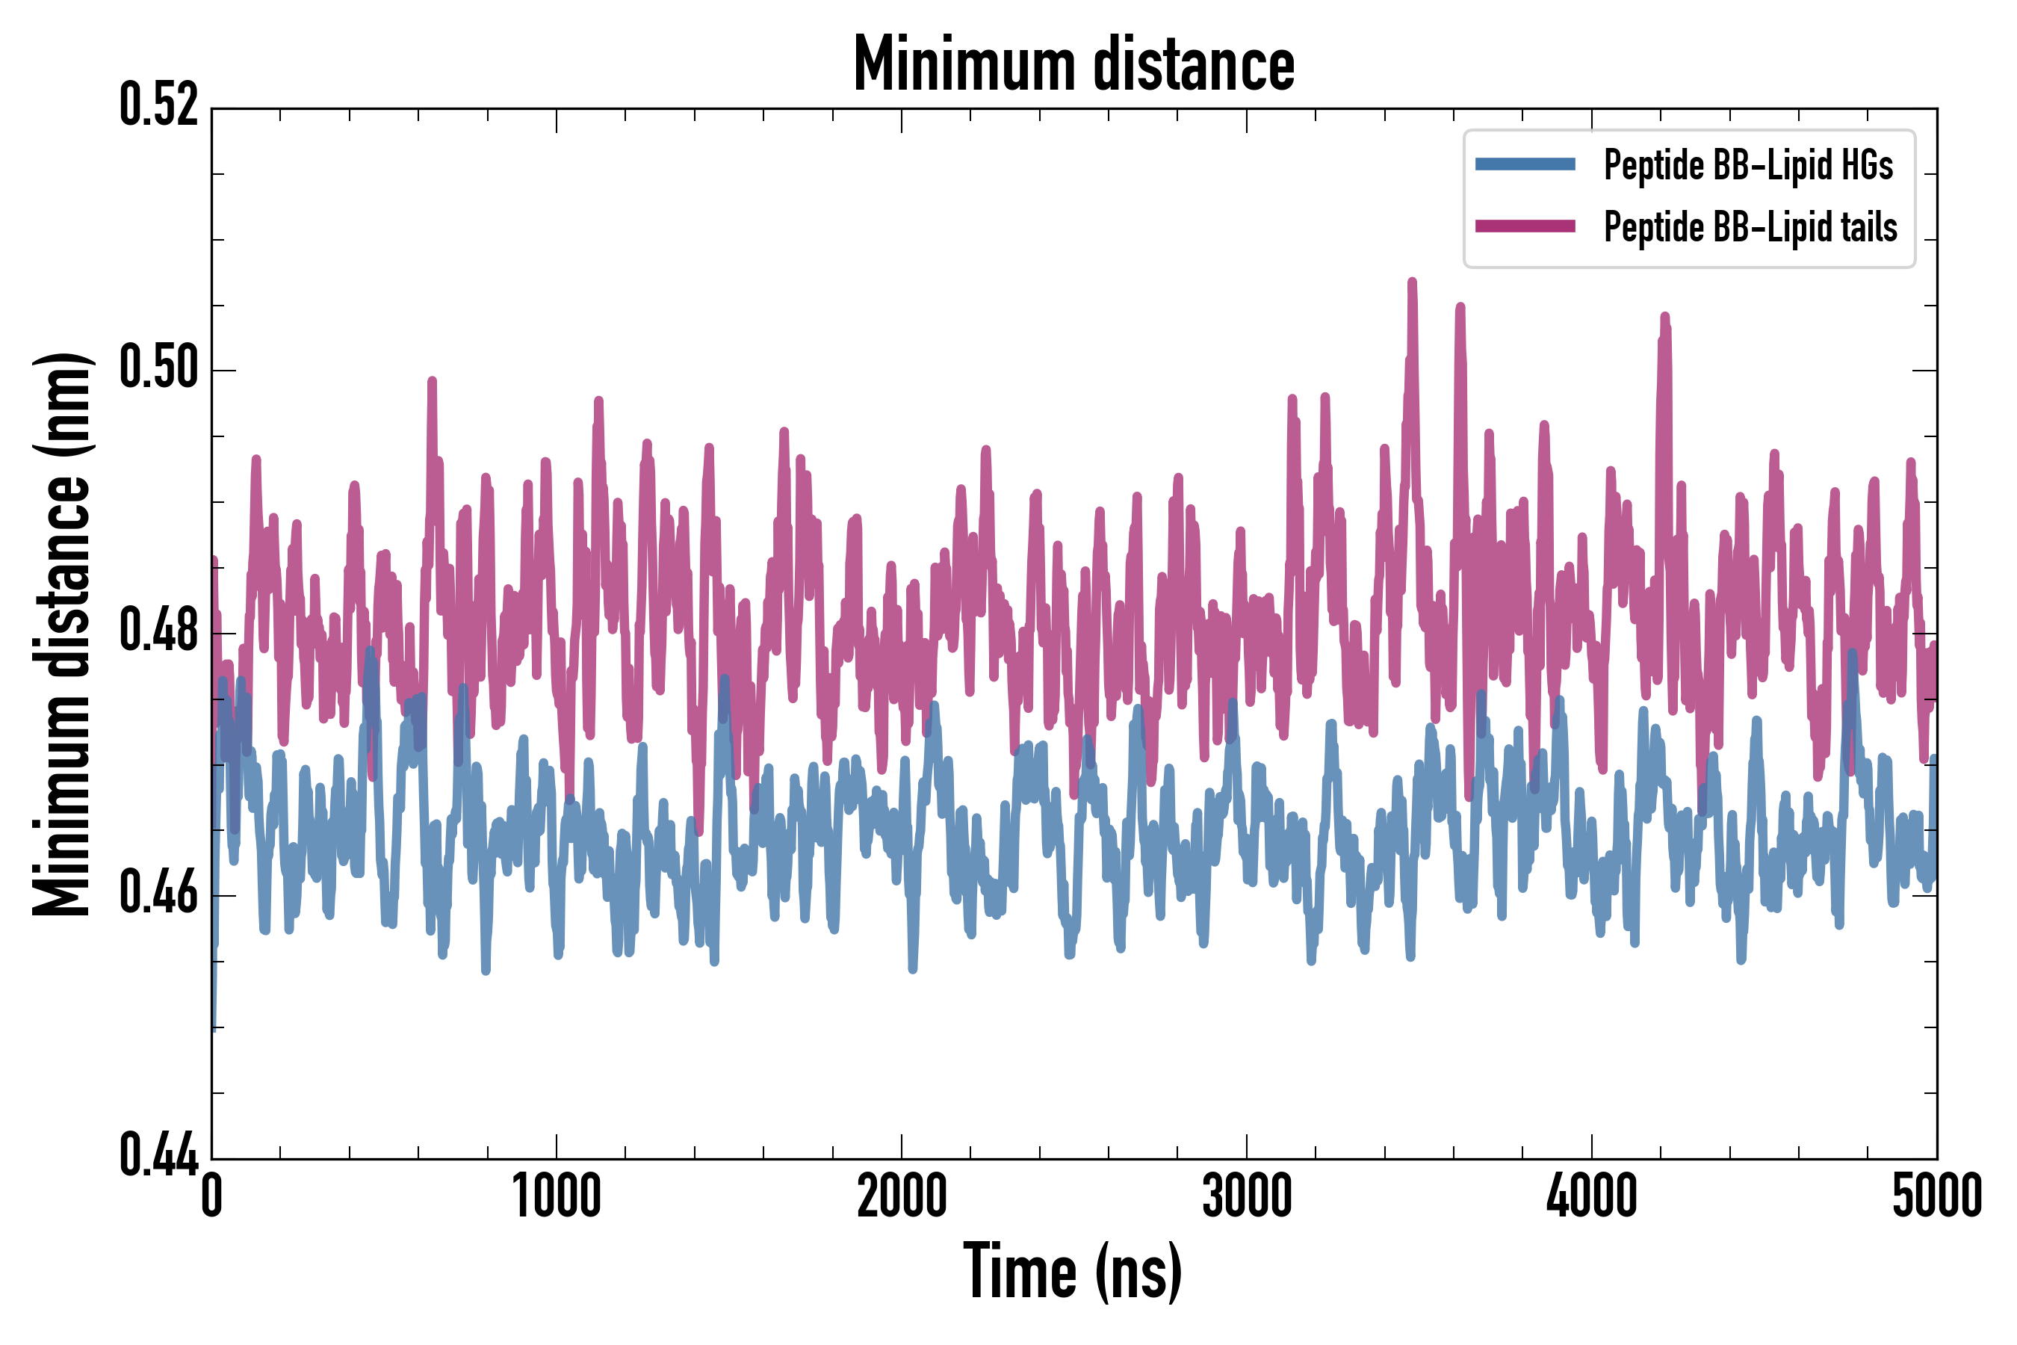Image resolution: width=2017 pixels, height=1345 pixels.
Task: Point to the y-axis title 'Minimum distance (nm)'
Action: click(62, 634)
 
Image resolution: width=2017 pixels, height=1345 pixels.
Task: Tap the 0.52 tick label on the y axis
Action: click(158, 106)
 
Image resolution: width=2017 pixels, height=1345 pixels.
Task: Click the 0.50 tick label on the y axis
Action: click(158, 369)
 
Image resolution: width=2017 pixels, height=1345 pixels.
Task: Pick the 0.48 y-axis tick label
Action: click(158, 631)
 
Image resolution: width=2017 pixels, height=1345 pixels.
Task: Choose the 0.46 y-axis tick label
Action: click(158, 894)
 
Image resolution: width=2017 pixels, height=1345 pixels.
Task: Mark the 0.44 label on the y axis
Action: click(158, 1156)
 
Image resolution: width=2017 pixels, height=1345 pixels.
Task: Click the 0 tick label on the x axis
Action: click(212, 1196)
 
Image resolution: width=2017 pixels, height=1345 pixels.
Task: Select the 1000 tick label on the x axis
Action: click(557, 1196)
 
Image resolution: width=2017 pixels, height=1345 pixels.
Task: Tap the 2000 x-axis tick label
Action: click(902, 1196)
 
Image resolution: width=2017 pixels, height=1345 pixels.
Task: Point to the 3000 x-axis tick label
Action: click(1246, 1196)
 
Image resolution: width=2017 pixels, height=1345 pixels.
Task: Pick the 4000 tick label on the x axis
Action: click(1592, 1196)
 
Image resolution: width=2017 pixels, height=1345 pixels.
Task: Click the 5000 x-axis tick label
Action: click(1936, 1196)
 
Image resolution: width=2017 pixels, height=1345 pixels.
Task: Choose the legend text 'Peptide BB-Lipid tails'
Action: click(1750, 227)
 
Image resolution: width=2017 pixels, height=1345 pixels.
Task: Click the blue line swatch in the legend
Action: click(1525, 164)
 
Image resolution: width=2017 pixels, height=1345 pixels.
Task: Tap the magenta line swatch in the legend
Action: click(1525, 226)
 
